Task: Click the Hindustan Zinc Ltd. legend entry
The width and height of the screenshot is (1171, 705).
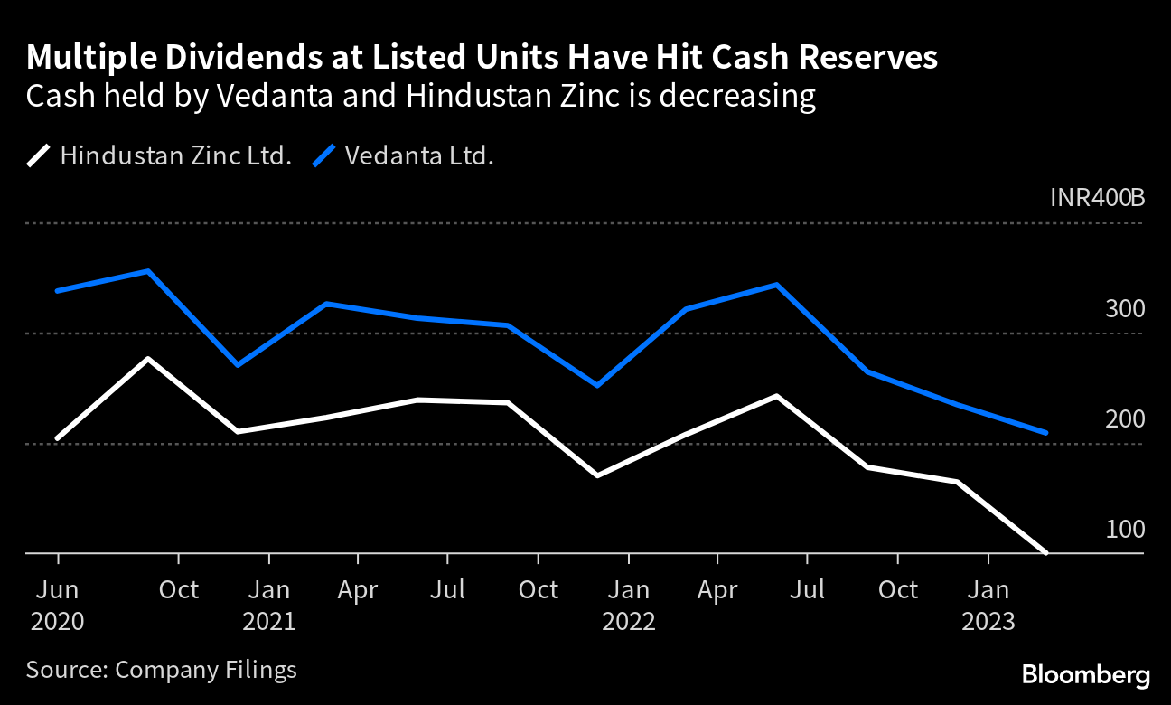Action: (x=159, y=155)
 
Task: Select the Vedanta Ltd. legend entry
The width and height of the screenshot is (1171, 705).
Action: (x=403, y=155)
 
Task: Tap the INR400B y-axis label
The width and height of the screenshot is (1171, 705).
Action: (x=1097, y=197)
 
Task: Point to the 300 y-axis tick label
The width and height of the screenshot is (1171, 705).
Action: (x=1125, y=309)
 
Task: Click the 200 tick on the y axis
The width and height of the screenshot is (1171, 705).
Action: (x=1125, y=419)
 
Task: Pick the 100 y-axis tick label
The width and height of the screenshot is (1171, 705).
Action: (x=1125, y=530)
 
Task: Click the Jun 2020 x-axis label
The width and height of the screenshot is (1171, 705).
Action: (x=58, y=606)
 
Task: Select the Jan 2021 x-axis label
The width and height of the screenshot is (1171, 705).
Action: (x=269, y=606)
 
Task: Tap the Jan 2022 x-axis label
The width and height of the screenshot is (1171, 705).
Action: (x=628, y=606)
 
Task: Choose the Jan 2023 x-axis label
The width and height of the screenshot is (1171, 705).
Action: (x=988, y=606)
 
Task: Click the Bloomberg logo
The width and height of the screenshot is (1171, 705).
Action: (x=1085, y=674)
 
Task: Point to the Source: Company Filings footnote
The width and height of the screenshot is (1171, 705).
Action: (x=162, y=670)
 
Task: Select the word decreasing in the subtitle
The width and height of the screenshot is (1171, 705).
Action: (x=737, y=95)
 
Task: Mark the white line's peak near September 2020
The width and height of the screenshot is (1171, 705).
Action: (x=148, y=359)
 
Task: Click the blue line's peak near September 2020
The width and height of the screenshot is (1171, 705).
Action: (x=148, y=271)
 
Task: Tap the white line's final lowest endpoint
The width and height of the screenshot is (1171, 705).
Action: (x=1046, y=553)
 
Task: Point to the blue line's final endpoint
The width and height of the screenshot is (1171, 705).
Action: (x=1046, y=433)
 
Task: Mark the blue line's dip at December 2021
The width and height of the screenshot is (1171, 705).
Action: (x=597, y=386)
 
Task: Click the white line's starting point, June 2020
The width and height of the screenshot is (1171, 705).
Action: (x=58, y=438)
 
